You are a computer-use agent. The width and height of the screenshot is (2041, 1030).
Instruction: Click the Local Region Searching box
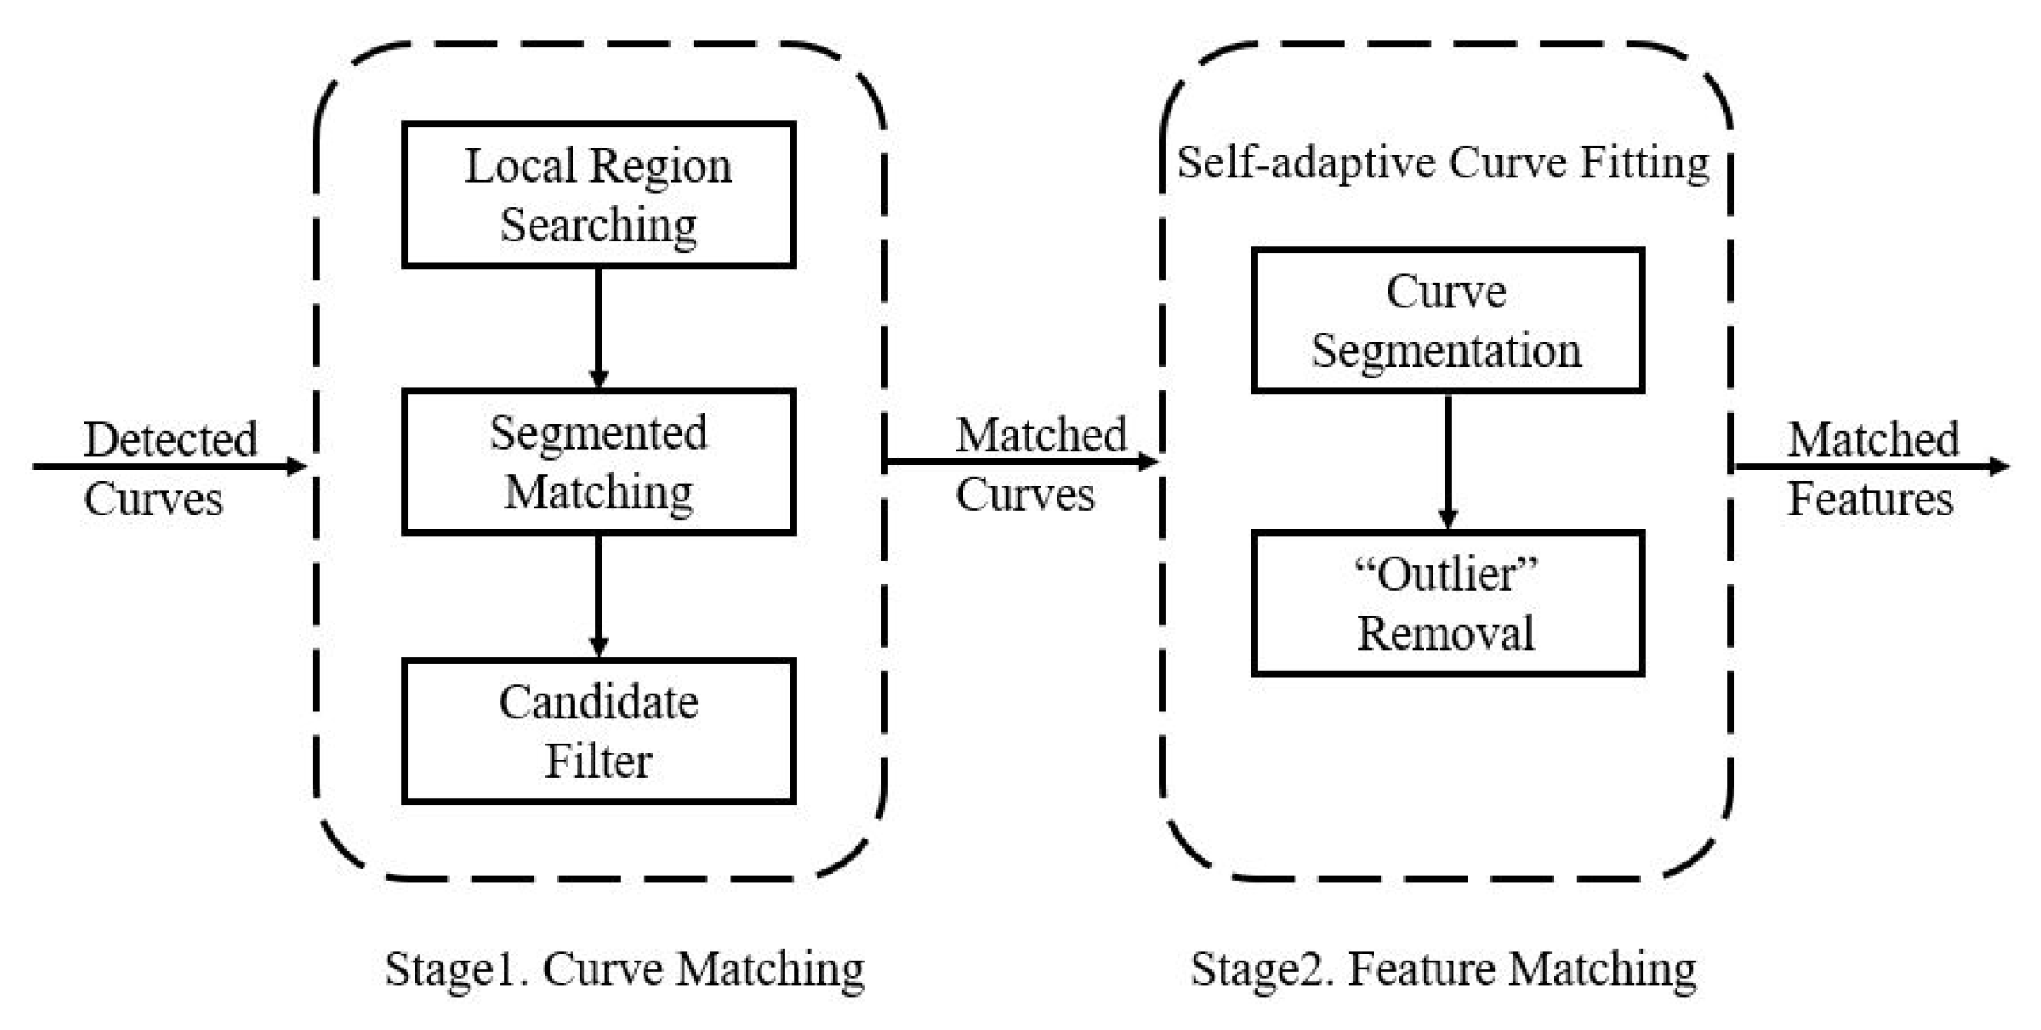[598, 194]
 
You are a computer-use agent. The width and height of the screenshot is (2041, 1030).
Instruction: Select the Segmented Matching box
[598, 461]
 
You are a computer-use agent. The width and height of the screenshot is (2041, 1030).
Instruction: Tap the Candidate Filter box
[598, 731]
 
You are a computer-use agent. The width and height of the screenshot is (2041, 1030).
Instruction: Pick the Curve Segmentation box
[1446, 320]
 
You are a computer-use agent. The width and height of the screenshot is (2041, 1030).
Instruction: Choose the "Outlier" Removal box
[1446, 602]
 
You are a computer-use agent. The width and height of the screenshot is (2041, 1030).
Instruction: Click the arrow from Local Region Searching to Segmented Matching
[599, 327]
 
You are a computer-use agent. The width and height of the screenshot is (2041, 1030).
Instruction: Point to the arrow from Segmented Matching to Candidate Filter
[599, 594]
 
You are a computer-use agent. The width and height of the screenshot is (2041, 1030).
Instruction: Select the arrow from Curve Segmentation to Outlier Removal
[1447, 460]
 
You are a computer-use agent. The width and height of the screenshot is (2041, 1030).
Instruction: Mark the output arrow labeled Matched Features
[1871, 466]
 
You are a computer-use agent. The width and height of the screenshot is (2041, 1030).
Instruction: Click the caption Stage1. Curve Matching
[624, 969]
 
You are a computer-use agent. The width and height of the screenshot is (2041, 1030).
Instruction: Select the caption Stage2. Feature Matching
[1443, 969]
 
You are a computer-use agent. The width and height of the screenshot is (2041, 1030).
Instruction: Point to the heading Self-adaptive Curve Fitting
[1443, 163]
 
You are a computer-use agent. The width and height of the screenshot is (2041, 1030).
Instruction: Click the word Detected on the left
[170, 438]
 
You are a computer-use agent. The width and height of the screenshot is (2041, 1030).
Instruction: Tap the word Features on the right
[1871, 499]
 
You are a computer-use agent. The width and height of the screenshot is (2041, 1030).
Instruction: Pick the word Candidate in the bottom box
[598, 702]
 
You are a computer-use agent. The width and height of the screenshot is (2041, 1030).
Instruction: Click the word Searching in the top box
[598, 225]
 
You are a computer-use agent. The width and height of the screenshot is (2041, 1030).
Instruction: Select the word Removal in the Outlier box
[1446, 633]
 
